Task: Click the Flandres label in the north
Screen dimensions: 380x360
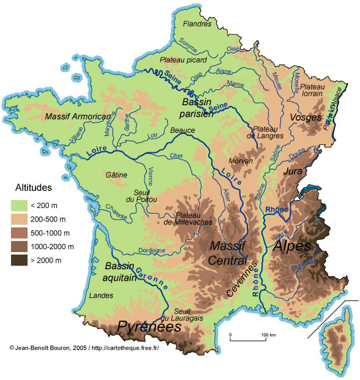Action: [x=197, y=24]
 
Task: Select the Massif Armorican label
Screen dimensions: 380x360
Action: [x=78, y=116]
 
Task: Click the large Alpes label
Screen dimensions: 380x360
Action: [x=291, y=247]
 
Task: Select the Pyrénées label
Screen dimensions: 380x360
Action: [x=149, y=327]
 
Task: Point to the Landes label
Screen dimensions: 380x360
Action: [x=102, y=296]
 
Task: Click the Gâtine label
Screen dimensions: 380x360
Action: [x=116, y=174]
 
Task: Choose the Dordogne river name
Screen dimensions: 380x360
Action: [x=151, y=250]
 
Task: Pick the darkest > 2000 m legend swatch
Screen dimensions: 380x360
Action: [x=22, y=260]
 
